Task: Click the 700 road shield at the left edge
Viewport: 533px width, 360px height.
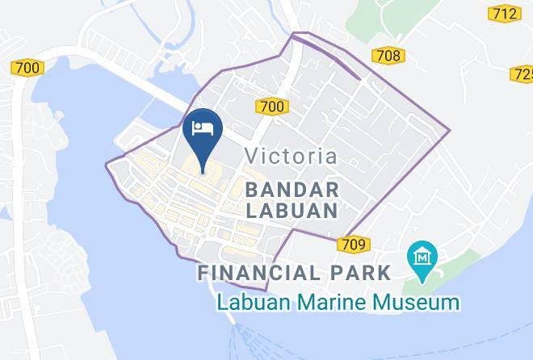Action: tap(27, 69)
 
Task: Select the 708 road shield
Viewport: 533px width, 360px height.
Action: tap(388, 55)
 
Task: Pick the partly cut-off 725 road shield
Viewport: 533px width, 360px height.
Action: tap(524, 74)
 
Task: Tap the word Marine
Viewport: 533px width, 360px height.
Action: tap(344, 303)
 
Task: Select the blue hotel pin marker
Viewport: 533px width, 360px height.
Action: tap(201, 133)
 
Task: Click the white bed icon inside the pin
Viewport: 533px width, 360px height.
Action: tap(201, 128)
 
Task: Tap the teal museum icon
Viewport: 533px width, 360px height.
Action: tap(422, 256)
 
